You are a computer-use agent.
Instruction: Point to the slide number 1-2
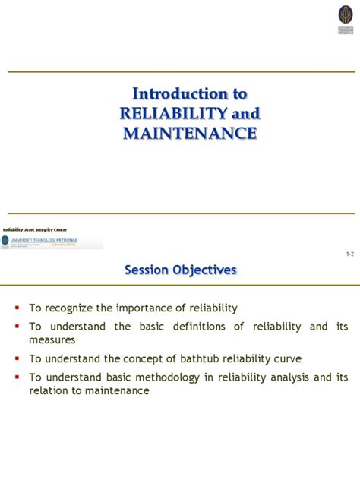(x=349, y=255)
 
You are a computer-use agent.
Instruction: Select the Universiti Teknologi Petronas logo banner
(x=52, y=242)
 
